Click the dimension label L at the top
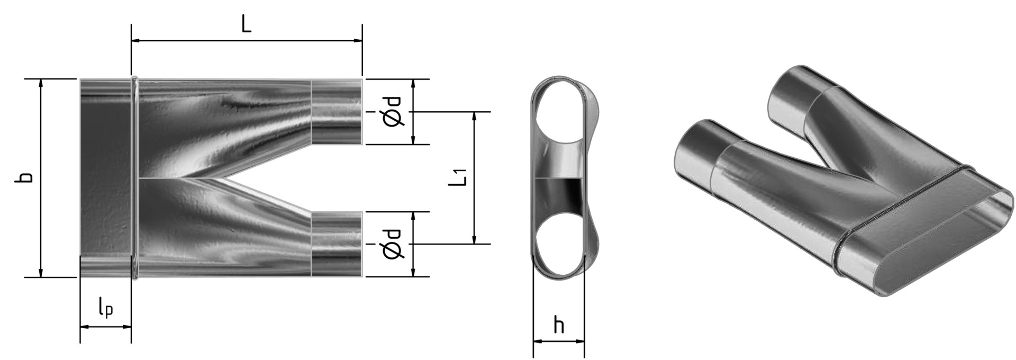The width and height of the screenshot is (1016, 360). coord(246,24)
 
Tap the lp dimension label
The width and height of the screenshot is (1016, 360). coord(105,308)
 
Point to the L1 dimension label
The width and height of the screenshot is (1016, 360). coord(458,177)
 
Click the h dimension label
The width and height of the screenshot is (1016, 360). coord(559,325)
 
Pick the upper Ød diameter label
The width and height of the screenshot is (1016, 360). coord(392,112)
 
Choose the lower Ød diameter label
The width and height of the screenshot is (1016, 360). coord(392,244)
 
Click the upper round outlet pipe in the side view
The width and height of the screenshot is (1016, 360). coord(337,112)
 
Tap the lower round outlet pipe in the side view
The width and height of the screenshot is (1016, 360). coord(337,244)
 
